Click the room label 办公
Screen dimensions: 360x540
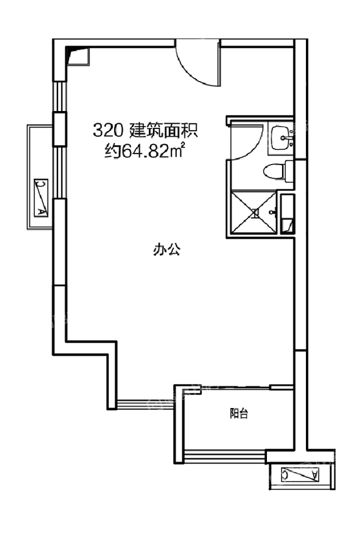click(167, 249)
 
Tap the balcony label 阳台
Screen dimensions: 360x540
click(239, 413)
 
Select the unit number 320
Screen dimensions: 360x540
click(106, 131)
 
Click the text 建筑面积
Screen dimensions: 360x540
click(163, 131)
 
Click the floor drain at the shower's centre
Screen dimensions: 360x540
click(254, 214)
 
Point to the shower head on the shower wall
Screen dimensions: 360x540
click(273, 212)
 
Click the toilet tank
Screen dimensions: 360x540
click(289, 170)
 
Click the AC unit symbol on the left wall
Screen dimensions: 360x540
click(41, 197)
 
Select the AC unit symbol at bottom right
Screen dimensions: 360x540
click(299, 475)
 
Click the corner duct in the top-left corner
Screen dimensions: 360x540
click(78, 56)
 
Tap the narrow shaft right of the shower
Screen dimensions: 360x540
click(287, 214)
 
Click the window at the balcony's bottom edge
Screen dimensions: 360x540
click(225, 455)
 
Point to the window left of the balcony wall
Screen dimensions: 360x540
click(145, 404)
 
